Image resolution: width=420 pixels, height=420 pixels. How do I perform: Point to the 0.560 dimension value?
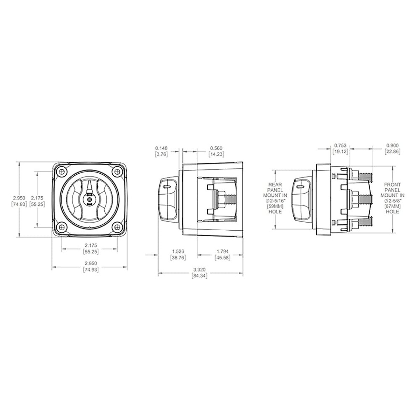216,148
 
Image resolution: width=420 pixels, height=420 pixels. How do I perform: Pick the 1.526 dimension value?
178,251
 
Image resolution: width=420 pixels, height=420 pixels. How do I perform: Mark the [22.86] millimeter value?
392,152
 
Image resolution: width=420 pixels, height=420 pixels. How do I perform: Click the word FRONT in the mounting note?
392,184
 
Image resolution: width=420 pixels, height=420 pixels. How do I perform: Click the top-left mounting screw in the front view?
63,173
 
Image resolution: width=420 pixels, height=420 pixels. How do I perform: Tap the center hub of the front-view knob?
90,200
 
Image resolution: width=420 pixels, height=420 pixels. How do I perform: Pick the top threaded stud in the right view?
366,174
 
